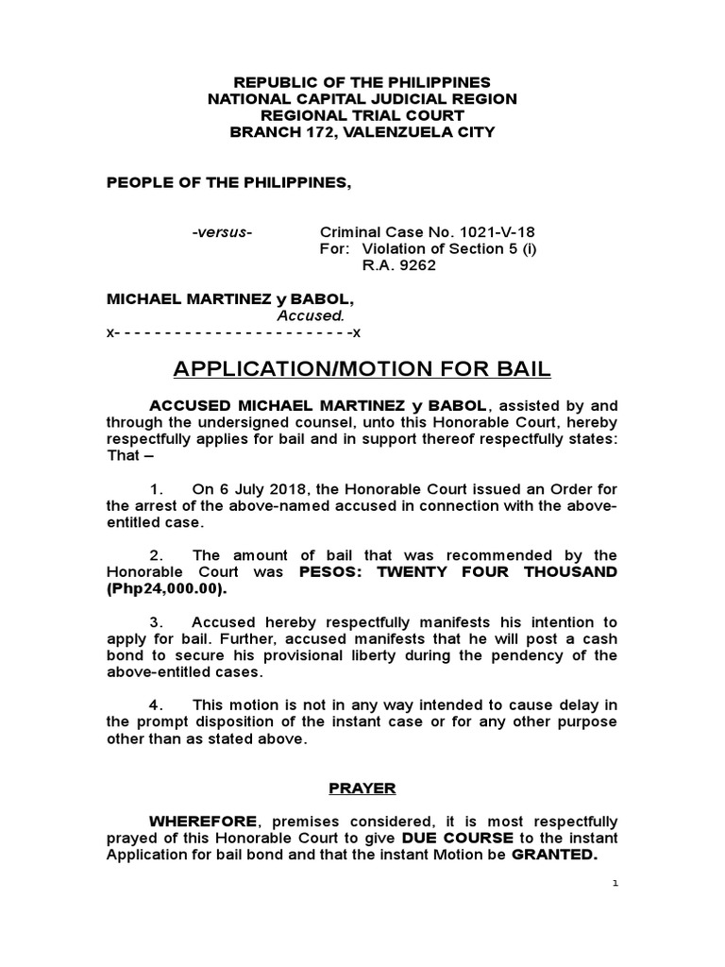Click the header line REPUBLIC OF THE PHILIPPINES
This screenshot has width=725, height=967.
(362, 82)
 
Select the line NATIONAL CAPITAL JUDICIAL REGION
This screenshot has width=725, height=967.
(362, 99)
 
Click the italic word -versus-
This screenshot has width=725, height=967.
(222, 231)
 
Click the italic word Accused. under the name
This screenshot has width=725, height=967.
(310, 315)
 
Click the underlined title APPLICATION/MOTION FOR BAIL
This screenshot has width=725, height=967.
(362, 368)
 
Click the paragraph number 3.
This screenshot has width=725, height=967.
(157, 622)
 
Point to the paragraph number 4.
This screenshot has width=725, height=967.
(157, 705)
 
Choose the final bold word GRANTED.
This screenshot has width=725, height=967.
(555, 855)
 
